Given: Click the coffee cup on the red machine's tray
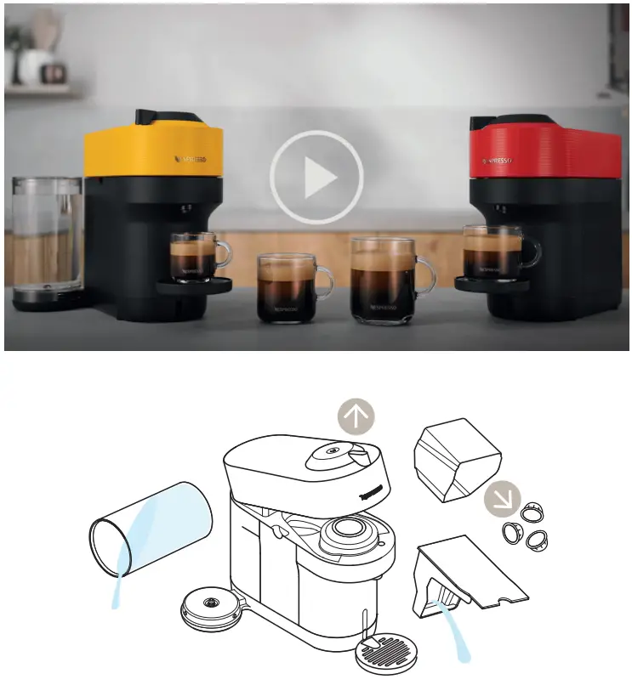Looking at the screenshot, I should (x=496, y=251).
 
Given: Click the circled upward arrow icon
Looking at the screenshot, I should (x=356, y=418).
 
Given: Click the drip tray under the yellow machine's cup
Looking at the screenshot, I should (x=195, y=286).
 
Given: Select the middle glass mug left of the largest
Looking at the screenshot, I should (x=287, y=288).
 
